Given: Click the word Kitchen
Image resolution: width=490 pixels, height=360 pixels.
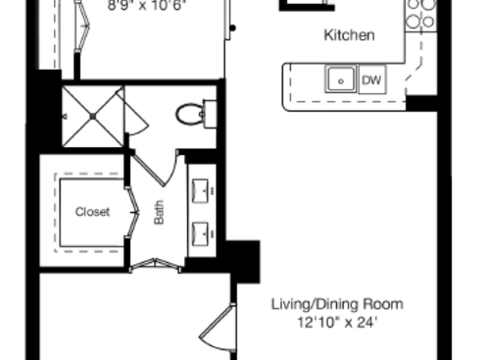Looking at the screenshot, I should pyautogui.click(x=349, y=35).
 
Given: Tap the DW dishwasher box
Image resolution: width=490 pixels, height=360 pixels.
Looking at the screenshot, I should pyautogui.click(x=372, y=79).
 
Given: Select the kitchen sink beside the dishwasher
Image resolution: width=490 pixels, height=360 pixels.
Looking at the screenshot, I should pyautogui.click(x=341, y=79).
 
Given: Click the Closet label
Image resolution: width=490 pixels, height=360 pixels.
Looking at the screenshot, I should pyautogui.click(x=93, y=212).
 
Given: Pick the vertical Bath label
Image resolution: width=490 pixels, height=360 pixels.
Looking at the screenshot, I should pyautogui.click(x=159, y=213).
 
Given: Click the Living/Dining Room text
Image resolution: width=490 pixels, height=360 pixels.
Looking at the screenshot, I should pyautogui.click(x=336, y=304).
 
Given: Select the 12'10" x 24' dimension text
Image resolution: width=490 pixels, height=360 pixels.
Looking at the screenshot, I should pyautogui.click(x=336, y=321).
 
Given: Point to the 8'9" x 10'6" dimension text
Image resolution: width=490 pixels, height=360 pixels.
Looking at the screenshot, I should pyautogui.click(x=146, y=4).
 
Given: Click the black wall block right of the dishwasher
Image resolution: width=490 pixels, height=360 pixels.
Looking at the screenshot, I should pyautogui.click(x=421, y=101).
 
